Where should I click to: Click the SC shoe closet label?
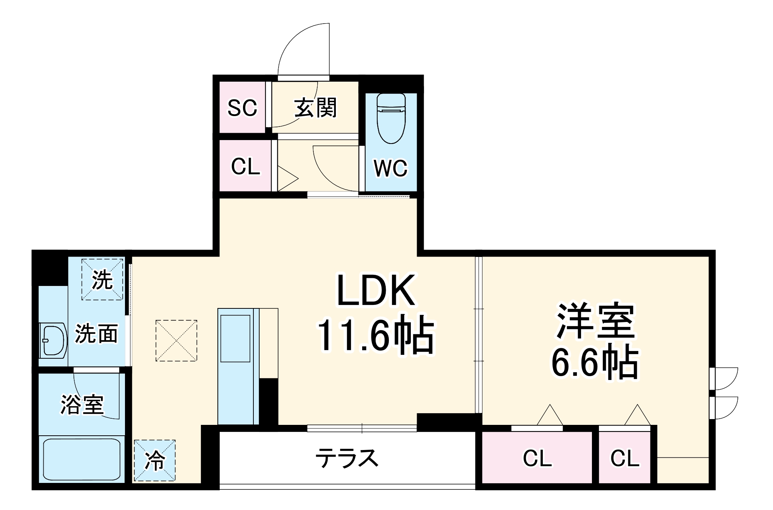click(x=242, y=108)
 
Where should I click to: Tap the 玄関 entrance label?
click(x=316, y=108)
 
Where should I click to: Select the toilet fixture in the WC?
click(x=391, y=118)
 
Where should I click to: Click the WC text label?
click(x=391, y=168)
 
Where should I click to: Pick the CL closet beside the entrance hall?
click(x=245, y=166)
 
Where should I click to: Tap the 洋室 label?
click(x=595, y=321)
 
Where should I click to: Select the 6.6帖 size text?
click(x=595, y=362)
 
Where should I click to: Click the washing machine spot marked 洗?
click(x=102, y=279)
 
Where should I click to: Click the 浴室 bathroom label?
click(x=82, y=405)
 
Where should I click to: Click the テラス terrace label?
click(x=347, y=458)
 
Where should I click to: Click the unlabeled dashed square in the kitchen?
click(x=176, y=341)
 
